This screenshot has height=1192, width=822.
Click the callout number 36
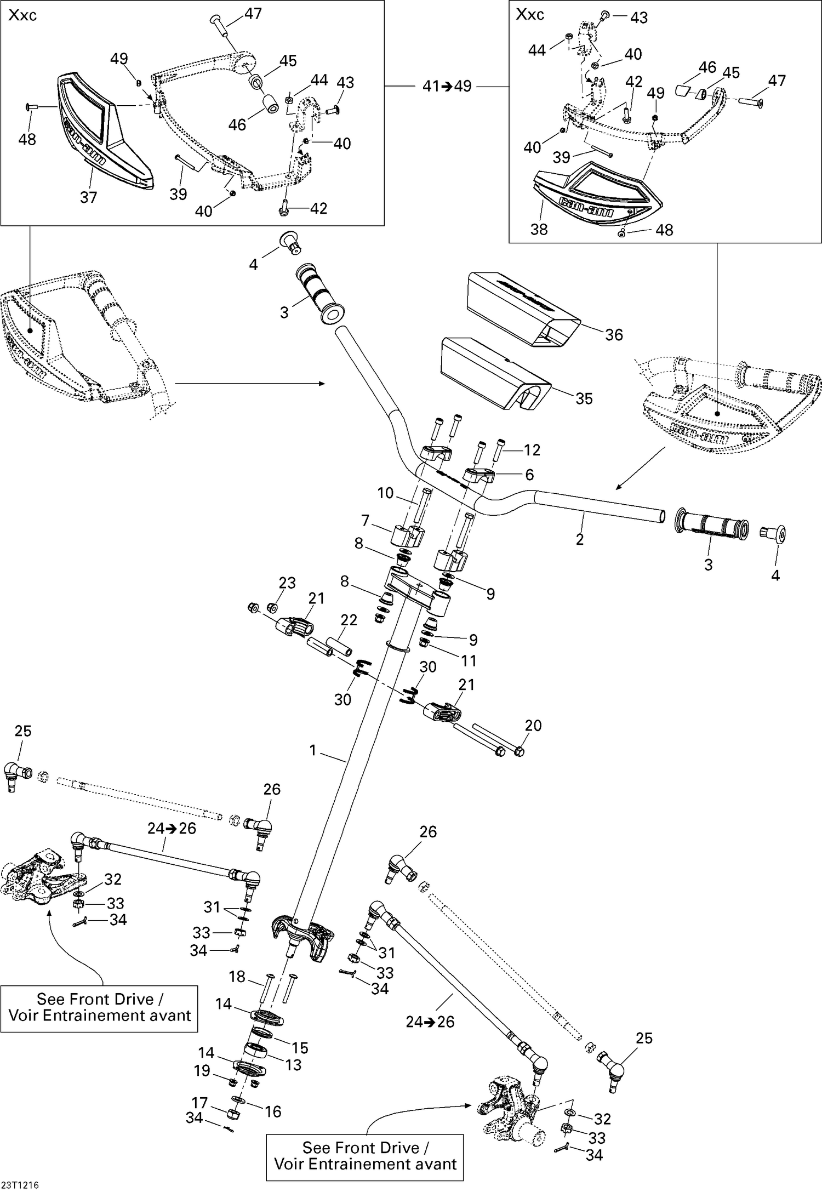click(x=614, y=334)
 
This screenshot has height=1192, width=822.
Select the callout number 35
click(x=584, y=398)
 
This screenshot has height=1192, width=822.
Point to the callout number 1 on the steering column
click(x=313, y=750)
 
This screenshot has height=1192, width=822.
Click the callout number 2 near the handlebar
click(x=580, y=539)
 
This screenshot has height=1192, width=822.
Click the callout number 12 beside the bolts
click(x=532, y=450)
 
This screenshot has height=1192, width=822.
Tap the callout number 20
click(x=533, y=726)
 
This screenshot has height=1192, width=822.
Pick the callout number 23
click(x=287, y=583)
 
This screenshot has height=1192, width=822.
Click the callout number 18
click(x=237, y=977)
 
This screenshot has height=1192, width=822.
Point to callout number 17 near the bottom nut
click(x=199, y=1103)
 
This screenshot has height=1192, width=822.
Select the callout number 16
click(x=273, y=1111)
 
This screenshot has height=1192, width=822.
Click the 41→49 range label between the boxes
click(x=447, y=86)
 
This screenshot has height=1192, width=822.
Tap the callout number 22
click(x=349, y=620)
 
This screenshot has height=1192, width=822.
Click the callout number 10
click(x=385, y=493)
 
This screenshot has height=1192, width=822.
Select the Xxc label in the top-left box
click(x=22, y=15)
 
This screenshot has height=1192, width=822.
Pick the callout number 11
click(x=469, y=661)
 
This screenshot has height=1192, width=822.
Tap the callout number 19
click(x=202, y=1070)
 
